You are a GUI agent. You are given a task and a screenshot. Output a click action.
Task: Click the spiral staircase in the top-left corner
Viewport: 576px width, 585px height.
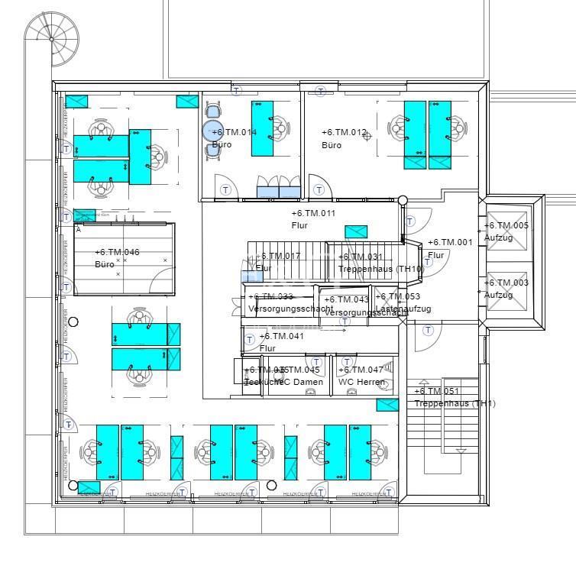tap(50, 37)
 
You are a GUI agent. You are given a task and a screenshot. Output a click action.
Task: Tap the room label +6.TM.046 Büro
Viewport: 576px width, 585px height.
tap(116, 258)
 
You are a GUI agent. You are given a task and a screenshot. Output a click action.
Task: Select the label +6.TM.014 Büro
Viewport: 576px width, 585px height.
tap(233, 138)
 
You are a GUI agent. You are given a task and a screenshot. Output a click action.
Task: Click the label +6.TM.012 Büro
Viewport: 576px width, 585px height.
tap(344, 138)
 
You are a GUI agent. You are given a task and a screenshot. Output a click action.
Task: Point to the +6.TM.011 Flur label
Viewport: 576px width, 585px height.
tap(313, 219)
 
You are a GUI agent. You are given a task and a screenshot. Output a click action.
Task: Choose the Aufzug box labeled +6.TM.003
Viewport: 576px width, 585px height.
tap(506, 289)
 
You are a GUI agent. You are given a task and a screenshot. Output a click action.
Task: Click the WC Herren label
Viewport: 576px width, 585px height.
tap(361, 382)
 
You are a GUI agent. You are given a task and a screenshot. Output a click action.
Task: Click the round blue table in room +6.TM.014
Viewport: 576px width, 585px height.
tap(213, 131)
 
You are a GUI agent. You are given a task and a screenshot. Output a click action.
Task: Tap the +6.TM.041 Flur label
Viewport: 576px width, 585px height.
tap(281, 341)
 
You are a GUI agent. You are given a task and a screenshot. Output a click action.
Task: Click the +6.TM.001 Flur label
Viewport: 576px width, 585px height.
tap(450, 248)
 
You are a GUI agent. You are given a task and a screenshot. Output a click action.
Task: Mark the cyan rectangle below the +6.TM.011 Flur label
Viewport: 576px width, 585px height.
tap(356, 232)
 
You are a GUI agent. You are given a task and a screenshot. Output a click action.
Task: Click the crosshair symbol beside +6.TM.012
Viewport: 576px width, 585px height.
tap(367, 136)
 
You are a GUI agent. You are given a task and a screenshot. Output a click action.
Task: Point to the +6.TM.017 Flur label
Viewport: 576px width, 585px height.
tap(277, 262)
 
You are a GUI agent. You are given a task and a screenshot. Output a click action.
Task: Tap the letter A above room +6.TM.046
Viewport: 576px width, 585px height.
tap(78, 228)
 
